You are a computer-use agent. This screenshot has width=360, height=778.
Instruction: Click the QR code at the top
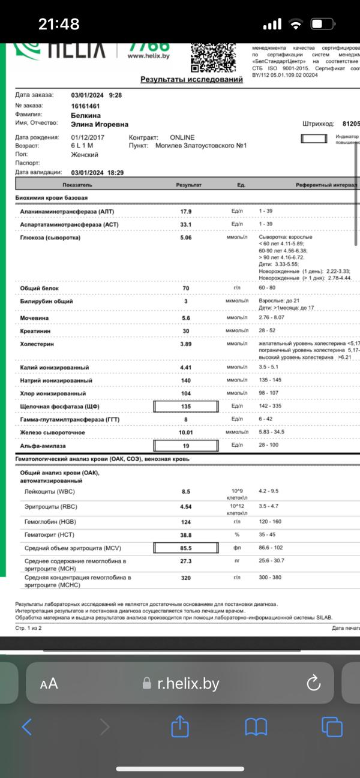(x=212, y=57)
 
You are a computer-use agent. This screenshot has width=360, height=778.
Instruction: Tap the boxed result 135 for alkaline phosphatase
(x=186, y=407)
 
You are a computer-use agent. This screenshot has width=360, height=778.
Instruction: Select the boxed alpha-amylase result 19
(x=186, y=446)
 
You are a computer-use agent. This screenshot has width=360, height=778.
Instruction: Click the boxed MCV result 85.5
(x=186, y=548)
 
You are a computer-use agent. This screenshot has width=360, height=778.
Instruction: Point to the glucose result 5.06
(x=186, y=238)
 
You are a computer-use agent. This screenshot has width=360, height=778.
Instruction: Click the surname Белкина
(x=86, y=115)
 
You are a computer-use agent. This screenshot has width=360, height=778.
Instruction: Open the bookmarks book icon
(x=256, y=727)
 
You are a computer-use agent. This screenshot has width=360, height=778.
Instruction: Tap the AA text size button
(x=49, y=684)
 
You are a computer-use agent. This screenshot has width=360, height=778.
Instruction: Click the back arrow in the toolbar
(x=27, y=727)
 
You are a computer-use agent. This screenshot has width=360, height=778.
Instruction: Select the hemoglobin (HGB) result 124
(x=186, y=522)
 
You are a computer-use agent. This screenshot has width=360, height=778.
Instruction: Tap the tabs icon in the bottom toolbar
(x=331, y=727)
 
